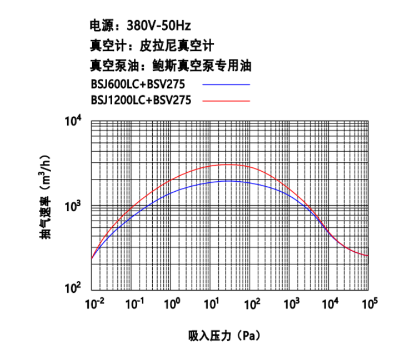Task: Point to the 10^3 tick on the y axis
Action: coord(74,206)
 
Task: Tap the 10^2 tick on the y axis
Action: coord(74,289)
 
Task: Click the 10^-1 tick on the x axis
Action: coord(133,303)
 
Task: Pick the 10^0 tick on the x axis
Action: coord(172,303)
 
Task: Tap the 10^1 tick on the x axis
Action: coord(212,303)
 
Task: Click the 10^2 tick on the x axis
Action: coord(251,303)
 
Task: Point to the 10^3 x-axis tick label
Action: coord(290,303)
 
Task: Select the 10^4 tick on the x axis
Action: coord(330,303)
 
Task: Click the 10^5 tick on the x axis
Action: coord(369,303)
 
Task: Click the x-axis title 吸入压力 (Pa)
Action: coord(224,336)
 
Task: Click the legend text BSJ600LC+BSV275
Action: coord(137,84)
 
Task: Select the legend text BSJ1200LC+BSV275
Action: coord(140,101)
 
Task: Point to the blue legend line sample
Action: coord(226,84)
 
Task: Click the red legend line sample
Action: coord(226,101)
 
